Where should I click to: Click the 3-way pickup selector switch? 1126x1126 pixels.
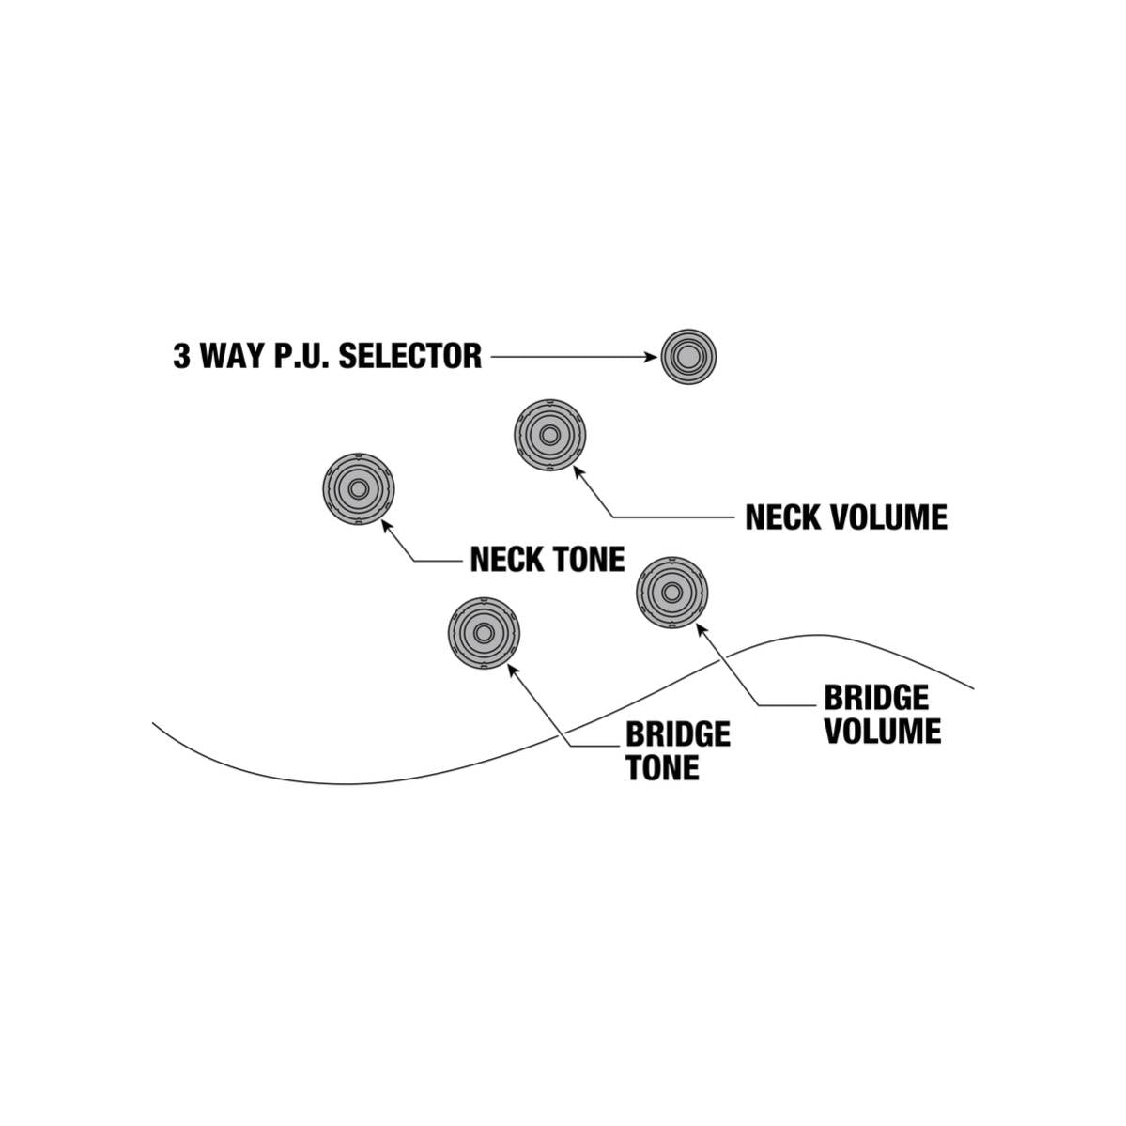point(688,357)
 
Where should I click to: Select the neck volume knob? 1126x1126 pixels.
point(550,435)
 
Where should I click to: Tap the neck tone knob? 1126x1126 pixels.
point(359,489)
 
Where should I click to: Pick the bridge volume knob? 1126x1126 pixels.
point(672,593)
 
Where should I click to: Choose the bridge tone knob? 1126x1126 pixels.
point(484,633)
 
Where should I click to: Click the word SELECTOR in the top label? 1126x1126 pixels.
point(410,356)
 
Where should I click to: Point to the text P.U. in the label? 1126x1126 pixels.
point(302,356)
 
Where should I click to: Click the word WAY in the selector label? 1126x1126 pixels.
point(233,356)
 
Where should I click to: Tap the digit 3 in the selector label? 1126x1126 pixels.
point(181,356)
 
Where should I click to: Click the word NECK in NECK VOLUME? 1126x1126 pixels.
point(782,517)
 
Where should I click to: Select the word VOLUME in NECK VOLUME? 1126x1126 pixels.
point(887,517)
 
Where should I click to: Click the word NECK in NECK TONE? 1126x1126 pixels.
point(507,560)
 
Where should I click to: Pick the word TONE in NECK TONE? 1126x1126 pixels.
point(589,560)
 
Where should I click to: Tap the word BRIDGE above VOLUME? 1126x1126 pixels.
point(876,698)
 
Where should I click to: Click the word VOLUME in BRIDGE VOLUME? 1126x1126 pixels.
point(883,732)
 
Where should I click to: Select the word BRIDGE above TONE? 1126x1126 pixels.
point(678,734)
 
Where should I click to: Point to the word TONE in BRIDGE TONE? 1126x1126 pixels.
point(662,768)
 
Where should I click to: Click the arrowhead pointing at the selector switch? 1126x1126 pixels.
point(651,357)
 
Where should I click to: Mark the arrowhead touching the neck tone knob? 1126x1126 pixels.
point(386,526)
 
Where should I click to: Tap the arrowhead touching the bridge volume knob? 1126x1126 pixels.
point(702,630)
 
